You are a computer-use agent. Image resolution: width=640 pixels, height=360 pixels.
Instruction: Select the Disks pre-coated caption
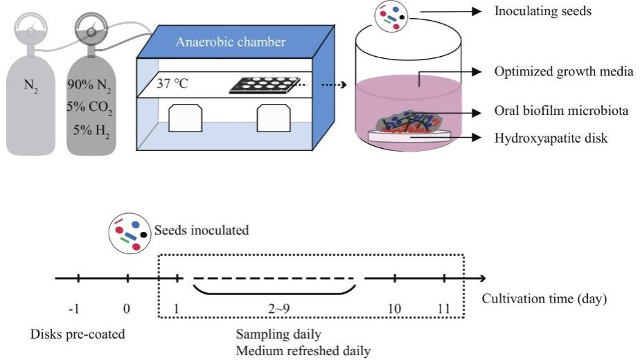coord(78,334)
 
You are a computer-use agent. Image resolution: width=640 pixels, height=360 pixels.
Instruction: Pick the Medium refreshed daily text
coord(303,350)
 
